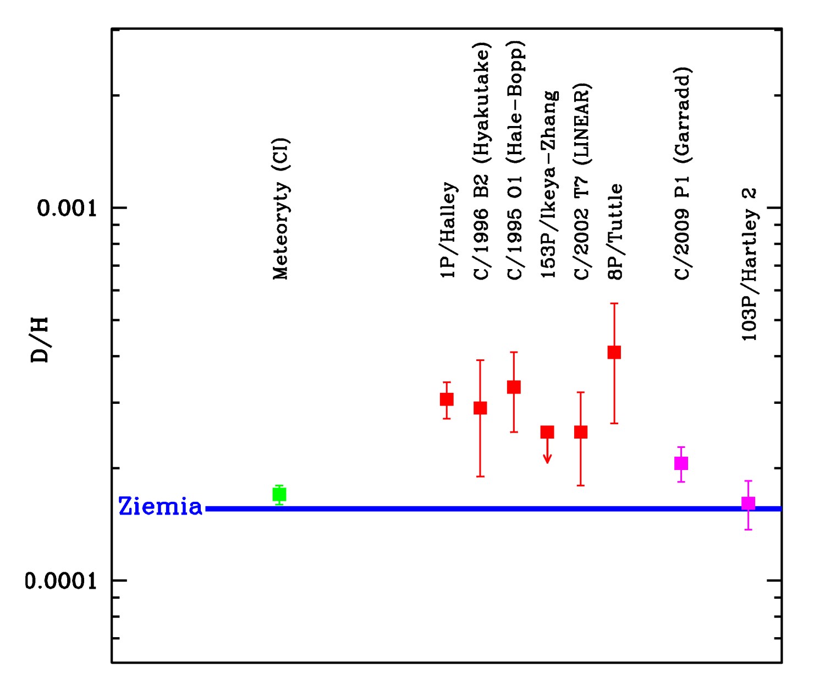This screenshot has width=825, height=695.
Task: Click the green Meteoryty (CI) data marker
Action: pos(279,494)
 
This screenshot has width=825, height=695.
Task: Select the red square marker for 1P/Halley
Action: pos(447,399)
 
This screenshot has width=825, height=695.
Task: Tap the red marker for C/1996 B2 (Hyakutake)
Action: pos(480,408)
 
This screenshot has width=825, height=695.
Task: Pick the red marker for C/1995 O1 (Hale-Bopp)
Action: pos(514,387)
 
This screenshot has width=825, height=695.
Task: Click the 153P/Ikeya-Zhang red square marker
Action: pos(547,432)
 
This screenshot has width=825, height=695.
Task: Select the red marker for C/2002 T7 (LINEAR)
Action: pos(581,432)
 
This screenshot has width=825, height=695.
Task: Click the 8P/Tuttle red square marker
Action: pos(614,352)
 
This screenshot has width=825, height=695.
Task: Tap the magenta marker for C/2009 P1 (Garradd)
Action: pos(681,463)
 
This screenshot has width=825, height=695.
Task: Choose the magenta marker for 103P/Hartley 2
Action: pos(748,503)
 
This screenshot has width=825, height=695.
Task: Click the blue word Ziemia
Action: pos(160,507)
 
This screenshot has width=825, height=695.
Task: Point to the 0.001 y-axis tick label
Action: pos(67,208)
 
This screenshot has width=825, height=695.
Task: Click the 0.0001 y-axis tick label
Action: pos(61,581)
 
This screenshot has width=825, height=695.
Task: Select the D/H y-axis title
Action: pos(40,340)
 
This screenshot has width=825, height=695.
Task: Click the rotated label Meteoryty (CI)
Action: pos(280,209)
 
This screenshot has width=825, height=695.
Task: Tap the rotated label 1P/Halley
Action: pos(448,230)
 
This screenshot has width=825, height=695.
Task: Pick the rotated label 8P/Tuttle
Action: pos(615,232)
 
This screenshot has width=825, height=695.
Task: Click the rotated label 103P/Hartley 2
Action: pos(749,264)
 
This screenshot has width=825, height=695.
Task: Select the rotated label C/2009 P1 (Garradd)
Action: pos(682,174)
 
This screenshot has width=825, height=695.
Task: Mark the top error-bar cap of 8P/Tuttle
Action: pos(614,303)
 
